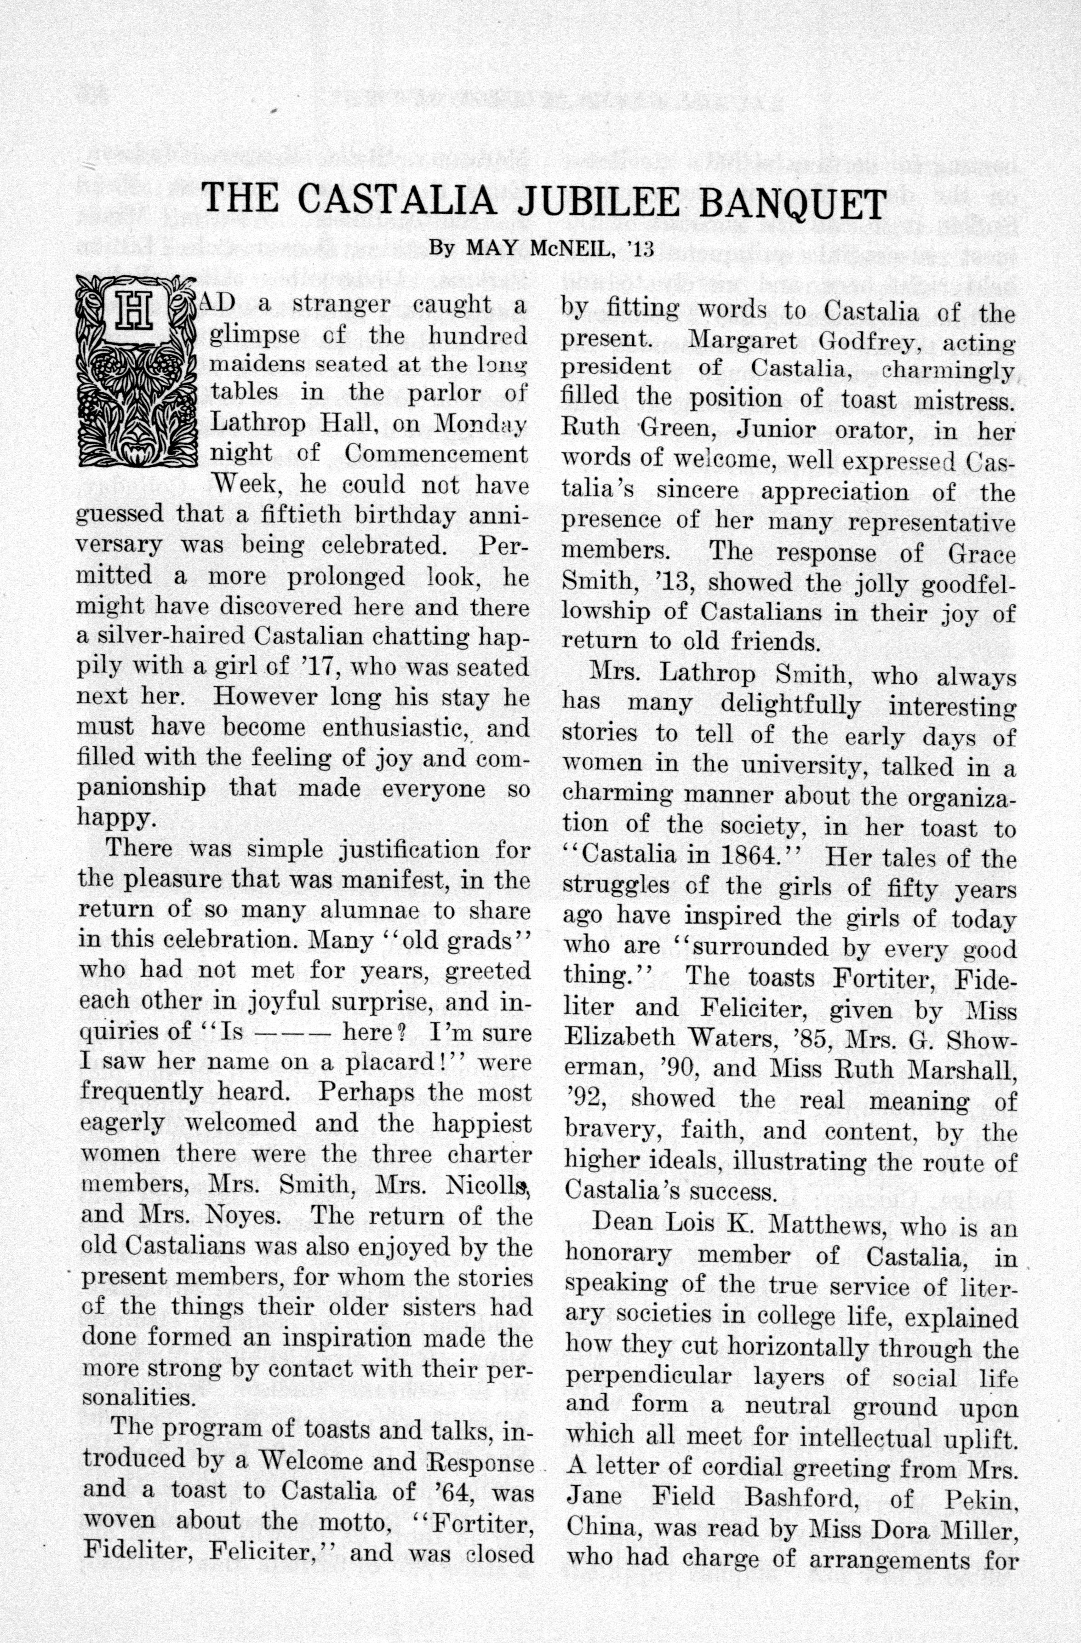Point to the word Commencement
click(435, 454)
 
